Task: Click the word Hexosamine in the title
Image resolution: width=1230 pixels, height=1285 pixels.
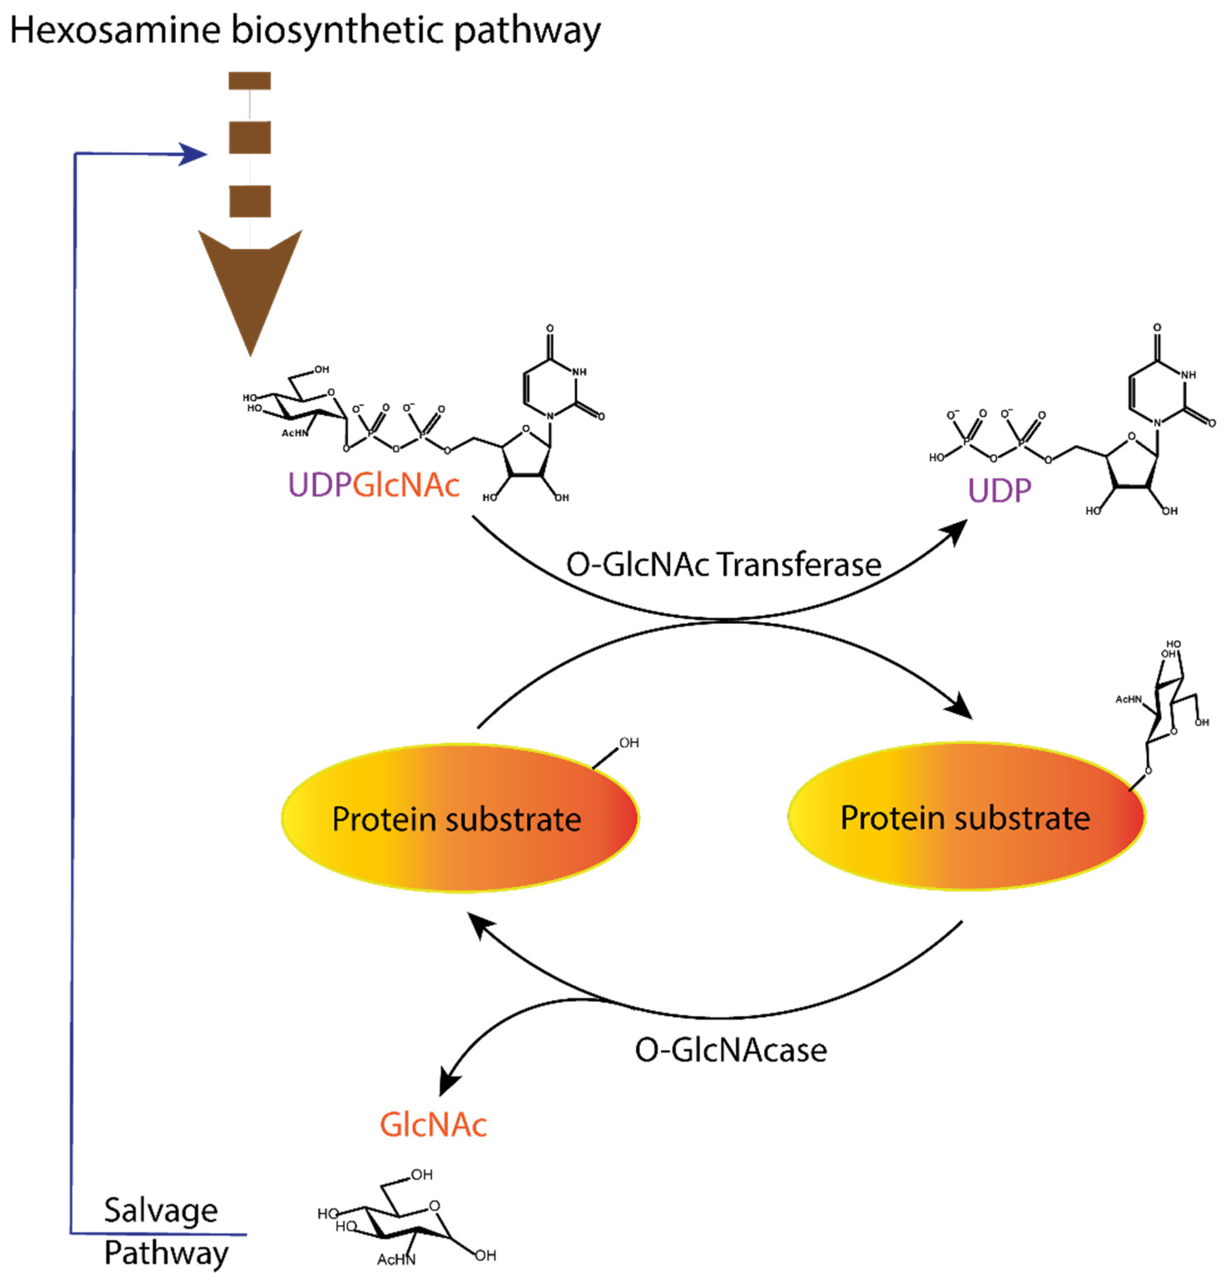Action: (115, 31)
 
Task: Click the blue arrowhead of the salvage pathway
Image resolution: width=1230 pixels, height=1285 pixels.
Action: (194, 154)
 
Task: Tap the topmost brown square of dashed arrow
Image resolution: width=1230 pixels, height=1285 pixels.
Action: (249, 81)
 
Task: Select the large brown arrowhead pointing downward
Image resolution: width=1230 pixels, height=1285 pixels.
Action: (250, 282)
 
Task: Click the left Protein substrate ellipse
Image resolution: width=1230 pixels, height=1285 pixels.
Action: (459, 818)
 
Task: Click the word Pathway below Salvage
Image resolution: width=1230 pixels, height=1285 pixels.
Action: (166, 1253)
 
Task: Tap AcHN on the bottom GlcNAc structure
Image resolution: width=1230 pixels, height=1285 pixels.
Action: (395, 1260)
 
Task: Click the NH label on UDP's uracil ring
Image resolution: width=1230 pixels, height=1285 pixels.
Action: (1188, 375)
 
